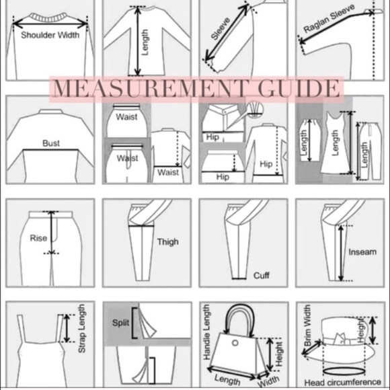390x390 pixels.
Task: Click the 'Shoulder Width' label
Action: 50,35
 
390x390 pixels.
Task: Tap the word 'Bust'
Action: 51,143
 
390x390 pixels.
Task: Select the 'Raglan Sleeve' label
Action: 329,19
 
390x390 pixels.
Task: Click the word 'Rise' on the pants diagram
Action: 38,238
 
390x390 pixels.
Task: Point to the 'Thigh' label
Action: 168,242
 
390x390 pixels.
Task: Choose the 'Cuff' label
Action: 261,275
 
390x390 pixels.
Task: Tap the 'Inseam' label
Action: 362,252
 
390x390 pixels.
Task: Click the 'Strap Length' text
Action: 82,328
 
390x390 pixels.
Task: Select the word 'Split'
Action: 120,323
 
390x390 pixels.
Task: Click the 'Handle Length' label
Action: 206,332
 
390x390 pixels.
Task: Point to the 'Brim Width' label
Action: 307,325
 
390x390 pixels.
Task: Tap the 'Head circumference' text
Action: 343,383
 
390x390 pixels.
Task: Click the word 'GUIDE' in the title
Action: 299,88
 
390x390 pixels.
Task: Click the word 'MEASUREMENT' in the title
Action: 150,89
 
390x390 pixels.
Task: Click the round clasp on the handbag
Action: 235,343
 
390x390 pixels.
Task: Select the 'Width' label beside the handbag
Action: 268,381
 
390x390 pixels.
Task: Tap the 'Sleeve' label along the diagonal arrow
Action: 221,28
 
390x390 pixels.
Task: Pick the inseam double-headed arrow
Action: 341,253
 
